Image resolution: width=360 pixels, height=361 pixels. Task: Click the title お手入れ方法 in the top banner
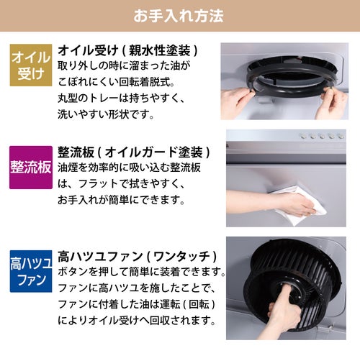point(179,16)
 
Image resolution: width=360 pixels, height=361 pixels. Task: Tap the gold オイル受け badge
point(31,65)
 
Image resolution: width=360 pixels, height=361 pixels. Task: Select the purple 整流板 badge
point(31,168)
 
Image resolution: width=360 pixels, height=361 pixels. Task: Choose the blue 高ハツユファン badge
point(31,271)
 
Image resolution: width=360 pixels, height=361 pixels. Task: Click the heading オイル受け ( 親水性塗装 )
point(128,50)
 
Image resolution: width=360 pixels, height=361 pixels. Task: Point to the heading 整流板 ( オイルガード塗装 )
point(134,152)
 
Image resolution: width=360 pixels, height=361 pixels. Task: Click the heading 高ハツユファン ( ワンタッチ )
point(138,257)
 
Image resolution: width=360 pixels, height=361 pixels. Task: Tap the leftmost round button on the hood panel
point(303,137)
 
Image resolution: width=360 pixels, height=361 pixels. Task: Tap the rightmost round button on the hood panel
point(341,137)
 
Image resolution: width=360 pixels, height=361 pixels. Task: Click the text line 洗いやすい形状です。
point(106,114)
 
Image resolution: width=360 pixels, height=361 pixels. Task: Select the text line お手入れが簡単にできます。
point(121,200)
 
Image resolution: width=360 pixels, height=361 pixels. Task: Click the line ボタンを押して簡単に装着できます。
point(142,272)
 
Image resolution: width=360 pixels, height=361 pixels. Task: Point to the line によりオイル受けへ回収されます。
point(137,320)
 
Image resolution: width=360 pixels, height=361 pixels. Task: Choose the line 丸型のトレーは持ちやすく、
point(121,99)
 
